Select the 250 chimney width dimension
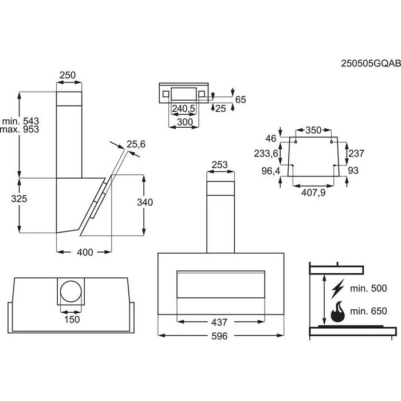(x=68, y=75)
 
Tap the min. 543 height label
(x=20, y=121)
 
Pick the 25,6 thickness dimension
(x=136, y=144)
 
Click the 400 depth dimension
(x=84, y=253)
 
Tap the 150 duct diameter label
(x=72, y=319)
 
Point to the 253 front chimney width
(x=220, y=165)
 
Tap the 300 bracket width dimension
(x=184, y=122)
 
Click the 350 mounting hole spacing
(x=313, y=130)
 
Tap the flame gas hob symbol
(x=337, y=312)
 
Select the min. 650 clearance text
(x=369, y=311)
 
